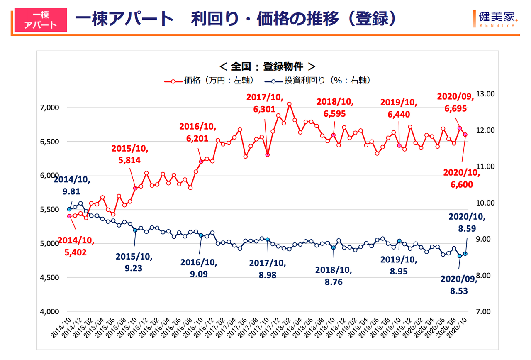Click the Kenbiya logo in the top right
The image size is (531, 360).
pyautogui.click(x=495, y=19)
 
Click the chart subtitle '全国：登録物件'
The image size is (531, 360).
pyautogui.click(x=267, y=66)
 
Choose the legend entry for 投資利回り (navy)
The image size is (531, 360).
pyautogui.click(x=319, y=81)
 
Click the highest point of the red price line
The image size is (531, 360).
pyautogui.click(x=289, y=104)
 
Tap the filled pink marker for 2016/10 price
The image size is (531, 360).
pyautogui.click(x=201, y=161)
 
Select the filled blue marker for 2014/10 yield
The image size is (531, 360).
pyautogui.click(x=69, y=209)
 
